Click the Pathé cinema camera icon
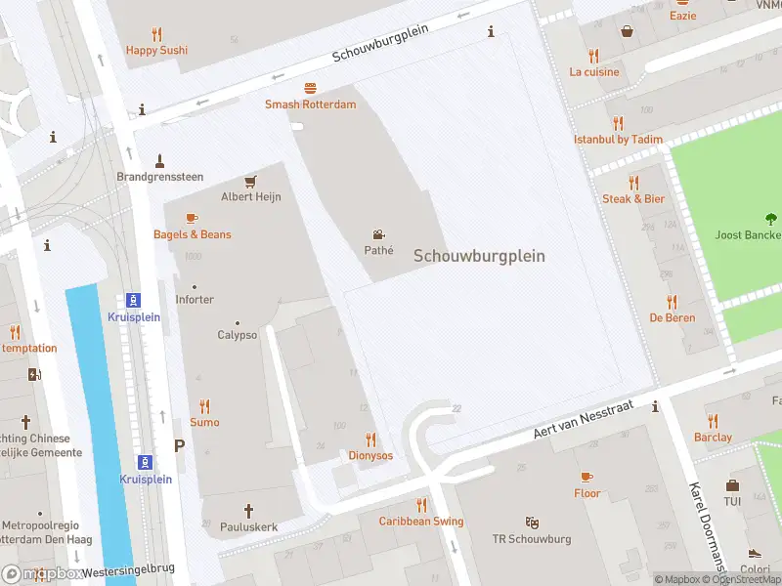pyautogui.click(x=378, y=234)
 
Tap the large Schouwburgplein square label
pyautogui.click(x=479, y=256)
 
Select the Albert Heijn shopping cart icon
pyautogui.click(x=250, y=181)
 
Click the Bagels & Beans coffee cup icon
pyautogui.click(x=192, y=219)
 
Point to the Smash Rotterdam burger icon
pyautogui.click(x=310, y=88)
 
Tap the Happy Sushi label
pyautogui.click(x=156, y=50)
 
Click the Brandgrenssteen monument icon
pyautogui.click(x=159, y=160)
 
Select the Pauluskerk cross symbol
pyautogui.click(x=248, y=510)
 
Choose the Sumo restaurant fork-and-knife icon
pyautogui.click(x=204, y=406)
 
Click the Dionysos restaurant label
pyautogui.click(x=369, y=455)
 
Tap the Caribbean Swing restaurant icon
pyautogui.click(x=421, y=505)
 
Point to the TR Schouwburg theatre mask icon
pyautogui.click(x=532, y=523)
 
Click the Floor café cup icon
pyautogui.click(x=586, y=477)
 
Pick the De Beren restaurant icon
pyautogui.click(x=672, y=302)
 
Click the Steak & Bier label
pyautogui.click(x=632, y=198)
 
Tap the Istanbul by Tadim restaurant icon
pyautogui.click(x=618, y=123)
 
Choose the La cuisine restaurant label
pyautogui.click(x=594, y=71)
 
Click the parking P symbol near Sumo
pyautogui.click(x=179, y=445)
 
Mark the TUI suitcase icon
pyautogui.click(x=732, y=485)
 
